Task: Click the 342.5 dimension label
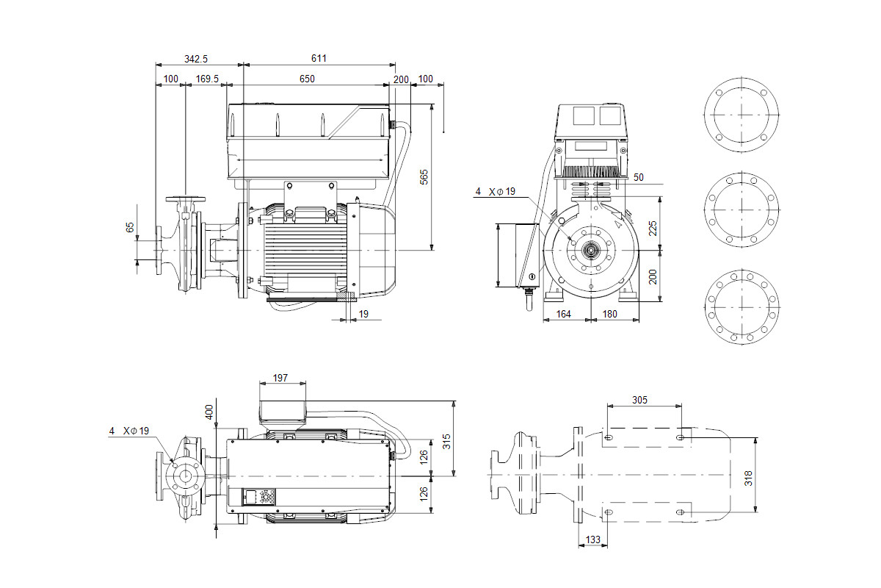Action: click(195, 59)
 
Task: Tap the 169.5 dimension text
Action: click(208, 79)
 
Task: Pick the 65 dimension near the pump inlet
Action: click(131, 229)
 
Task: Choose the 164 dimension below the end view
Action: click(562, 315)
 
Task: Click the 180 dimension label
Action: click(609, 315)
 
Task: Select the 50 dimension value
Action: click(638, 177)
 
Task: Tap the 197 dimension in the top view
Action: click(280, 378)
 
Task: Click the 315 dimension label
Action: click(446, 441)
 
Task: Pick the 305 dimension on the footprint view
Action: click(639, 400)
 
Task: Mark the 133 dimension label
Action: click(592, 539)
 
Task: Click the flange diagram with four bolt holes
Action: click(741, 115)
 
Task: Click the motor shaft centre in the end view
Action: click(590, 250)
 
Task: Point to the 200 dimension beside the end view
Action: click(652, 276)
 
